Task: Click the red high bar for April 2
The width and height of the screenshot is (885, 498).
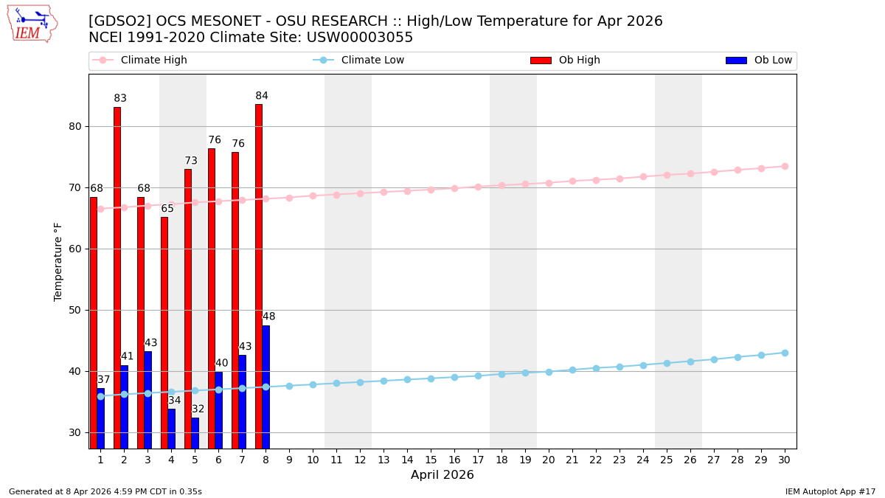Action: pyautogui.click(x=117, y=277)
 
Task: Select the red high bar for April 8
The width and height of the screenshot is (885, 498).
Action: pyautogui.click(x=259, y=276)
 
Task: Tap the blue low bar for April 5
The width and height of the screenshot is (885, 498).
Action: pyautogui.click(x=195, y=433)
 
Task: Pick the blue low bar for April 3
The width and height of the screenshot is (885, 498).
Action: pyautogui.click(x=147, y=399)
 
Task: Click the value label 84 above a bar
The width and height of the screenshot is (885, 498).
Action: pyautogui.click(x=262, y=96)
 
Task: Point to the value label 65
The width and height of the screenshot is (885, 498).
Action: pyautogui.click(x=167, y=209)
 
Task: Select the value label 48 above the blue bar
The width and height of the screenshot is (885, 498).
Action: pyautogui.click(x=269, y=317)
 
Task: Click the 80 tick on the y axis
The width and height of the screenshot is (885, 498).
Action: pyautogui.click(x=74, y=126)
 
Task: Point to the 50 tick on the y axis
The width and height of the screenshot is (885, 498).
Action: pyautogui.click(x=74, y=310)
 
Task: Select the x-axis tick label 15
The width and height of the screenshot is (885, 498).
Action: pyautogui.click(x=431, y=460)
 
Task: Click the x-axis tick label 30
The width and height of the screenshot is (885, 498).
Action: pyautogui.click(x=785, y=460)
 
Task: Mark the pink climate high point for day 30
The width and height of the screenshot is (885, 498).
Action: pyautogui.click(x=785, y=166)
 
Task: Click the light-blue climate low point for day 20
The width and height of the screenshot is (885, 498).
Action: pyautogui.click(x=549, y=372)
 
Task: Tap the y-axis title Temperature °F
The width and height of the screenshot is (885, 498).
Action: pyautogui.click(x=58, y=261)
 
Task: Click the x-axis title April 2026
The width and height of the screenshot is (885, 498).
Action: pyautogui.click(x=442, y=475)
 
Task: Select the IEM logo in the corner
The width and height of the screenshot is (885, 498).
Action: pyautogui.click(x=32, y=24)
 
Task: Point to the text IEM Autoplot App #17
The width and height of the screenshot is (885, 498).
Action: pyautogui.click(x=830, y=491)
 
